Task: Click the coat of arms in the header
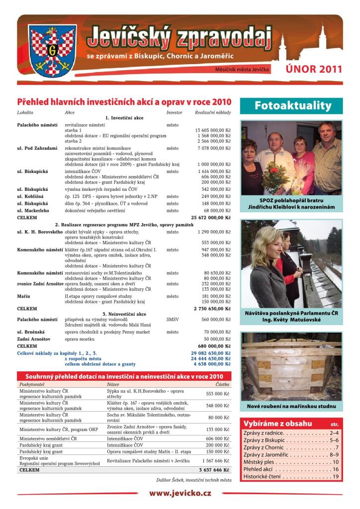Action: coord(51,50)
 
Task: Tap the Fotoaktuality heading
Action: coord(293,105)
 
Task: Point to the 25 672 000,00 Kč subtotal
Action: coord(211,217)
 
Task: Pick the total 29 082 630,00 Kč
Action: coord(211,353)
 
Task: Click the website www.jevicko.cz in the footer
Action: coord(180,493)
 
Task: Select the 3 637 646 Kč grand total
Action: coord(214,469)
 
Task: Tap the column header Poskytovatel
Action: coord(31,384)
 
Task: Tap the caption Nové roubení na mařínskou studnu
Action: coord(291,406)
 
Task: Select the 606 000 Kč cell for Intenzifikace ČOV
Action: coord(217,439)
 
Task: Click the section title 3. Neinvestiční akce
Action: coord(124,314)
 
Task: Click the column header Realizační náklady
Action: coord(213,113)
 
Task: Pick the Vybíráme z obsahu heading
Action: coord(277,424)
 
